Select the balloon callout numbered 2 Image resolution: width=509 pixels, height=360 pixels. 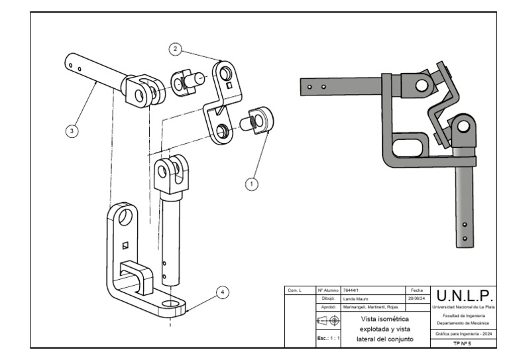pos(175,49)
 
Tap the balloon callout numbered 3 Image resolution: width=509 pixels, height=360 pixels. pos(72,131)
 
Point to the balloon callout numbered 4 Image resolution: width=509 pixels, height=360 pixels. pos(223,292)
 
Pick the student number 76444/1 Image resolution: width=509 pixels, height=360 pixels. pos(351,290)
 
